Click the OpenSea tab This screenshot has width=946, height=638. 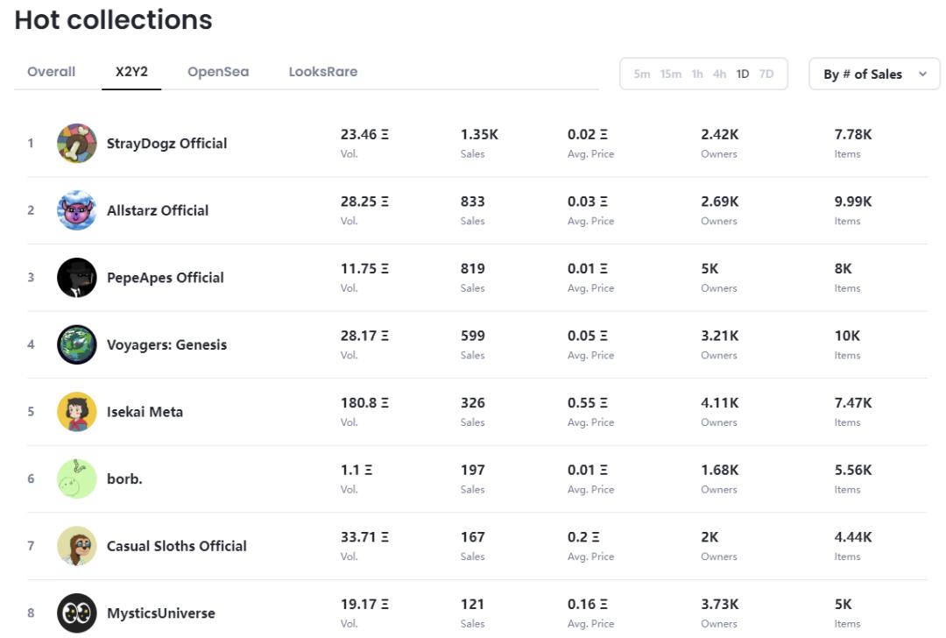tap(218, 72)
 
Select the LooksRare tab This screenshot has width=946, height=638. tap(322, 72)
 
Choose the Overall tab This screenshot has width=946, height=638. tap(51, 72)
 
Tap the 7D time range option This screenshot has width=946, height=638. tap(766, 74)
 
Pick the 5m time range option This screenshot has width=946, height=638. tap(642, 74)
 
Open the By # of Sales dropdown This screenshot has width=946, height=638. tap(874, 74)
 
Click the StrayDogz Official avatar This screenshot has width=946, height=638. tap(77, 143)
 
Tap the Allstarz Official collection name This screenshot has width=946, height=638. tap(158, 210)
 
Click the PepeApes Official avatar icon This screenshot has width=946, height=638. tap(77, 278)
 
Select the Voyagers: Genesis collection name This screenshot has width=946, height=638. tap(166, 344)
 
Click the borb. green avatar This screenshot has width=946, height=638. tap(77, 479)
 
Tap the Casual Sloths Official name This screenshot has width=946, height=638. tap(176, 546)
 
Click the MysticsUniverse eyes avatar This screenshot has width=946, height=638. tap(77, 613)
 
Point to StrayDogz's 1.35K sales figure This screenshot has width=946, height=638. tap(479, 135)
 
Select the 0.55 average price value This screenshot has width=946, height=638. tap(587, 403)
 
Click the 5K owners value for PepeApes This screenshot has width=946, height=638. tap(709, 269)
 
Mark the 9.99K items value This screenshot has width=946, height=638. tap(852, 202)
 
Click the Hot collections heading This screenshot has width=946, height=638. tap(113, 20)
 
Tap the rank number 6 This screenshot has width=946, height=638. tap(31, 479)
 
